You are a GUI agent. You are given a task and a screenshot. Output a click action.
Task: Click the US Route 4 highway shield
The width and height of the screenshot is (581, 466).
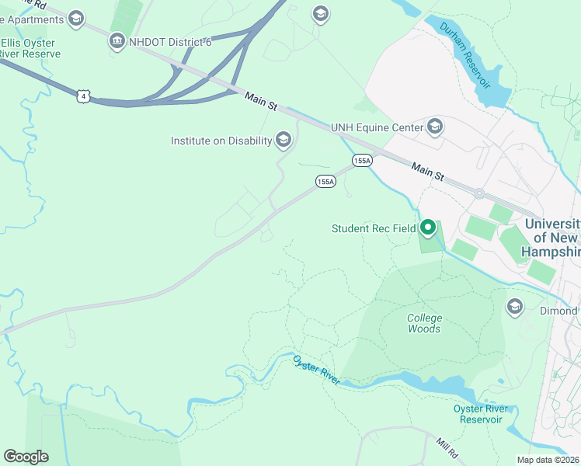click(x=84, y=96)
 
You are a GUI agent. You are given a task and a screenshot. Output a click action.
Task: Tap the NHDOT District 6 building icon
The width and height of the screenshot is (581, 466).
click(x=117, y=41)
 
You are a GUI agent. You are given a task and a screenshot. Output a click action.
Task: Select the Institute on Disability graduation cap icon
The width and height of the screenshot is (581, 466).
click(x=284, y=140)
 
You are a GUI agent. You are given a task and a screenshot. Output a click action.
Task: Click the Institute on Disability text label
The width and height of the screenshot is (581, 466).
click(x=221, y=141)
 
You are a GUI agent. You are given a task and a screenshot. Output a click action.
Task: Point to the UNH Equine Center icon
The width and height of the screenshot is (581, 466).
click(x=434, y=127)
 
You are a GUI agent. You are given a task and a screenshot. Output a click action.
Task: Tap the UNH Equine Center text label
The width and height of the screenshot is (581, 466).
click(x=377, y=127)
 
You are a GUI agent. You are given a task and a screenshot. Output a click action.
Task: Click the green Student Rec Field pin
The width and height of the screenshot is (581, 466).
click(x=427, y=228)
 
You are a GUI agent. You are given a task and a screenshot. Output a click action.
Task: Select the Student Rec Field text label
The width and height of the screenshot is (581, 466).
click(x=374, y=228)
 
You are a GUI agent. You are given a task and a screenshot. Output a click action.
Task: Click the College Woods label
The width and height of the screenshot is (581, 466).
click(x=424, y=323)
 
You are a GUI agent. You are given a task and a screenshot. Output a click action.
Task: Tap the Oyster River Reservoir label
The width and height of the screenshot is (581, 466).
click(x=482, y=414)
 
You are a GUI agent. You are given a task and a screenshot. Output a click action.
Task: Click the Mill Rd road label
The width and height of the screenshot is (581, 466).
click(x=449, y=446)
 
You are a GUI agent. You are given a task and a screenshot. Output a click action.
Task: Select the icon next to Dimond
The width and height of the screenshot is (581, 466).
click(x=514, y=307)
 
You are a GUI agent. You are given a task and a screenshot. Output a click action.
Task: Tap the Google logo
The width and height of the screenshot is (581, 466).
click(x=26, y=457)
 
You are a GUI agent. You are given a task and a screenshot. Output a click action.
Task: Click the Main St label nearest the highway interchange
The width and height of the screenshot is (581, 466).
click(x=260, y=99)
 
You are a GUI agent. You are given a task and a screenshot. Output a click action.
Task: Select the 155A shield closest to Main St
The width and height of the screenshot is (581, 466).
click(x=362, y=160)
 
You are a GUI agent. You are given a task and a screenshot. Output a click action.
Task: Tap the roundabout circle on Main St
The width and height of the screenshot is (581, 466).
click(x=479, y=194)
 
